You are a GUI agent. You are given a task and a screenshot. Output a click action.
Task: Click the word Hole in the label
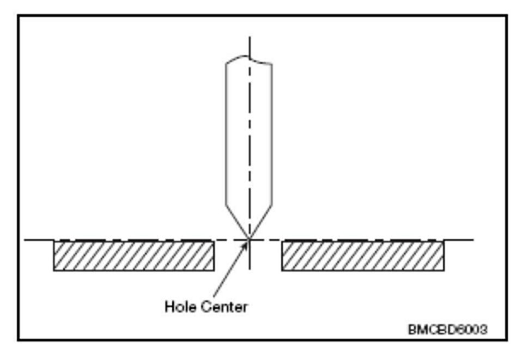(x=179, y=307)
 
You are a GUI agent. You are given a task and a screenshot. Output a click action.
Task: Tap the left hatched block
(x=134, y=255)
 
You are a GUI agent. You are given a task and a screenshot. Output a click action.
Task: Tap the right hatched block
(x=362, y=255)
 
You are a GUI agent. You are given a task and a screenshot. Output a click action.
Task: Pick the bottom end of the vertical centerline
(x=249, y=269)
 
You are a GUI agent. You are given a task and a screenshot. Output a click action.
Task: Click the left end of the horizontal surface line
(x=26, y=240)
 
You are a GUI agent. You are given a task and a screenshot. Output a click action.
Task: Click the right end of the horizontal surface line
(x=473, y=240)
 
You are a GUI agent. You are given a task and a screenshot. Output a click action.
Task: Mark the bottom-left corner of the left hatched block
(x=53, y=270)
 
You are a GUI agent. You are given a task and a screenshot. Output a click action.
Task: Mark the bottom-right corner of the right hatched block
(x=443, y=270)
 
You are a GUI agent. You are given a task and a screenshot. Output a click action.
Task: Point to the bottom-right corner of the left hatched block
(x=214, y=270)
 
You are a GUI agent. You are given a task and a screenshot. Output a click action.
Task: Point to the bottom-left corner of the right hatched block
(x=282, y=270)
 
